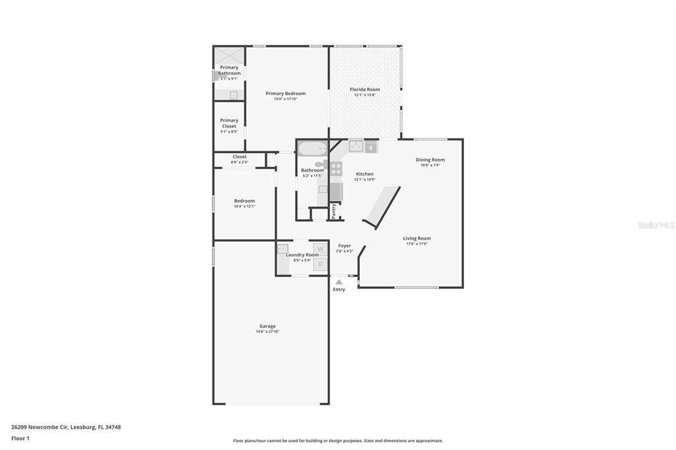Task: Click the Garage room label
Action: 267,326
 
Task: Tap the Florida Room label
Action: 364,89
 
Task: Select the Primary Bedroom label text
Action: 285,94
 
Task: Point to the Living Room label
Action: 417,238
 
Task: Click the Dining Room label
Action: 430,160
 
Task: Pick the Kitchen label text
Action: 364,174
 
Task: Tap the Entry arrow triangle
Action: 339,282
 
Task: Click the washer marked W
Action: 320,249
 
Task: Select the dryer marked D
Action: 320,264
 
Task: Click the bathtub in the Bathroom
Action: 312,148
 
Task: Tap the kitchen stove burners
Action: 336,168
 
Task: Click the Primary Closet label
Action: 229,123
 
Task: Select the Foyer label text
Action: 345,245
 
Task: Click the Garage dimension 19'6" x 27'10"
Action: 267,332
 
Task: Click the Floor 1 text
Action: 20,438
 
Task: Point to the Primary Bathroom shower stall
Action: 229,55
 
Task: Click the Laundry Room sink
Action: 283,249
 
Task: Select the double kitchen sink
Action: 356,146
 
